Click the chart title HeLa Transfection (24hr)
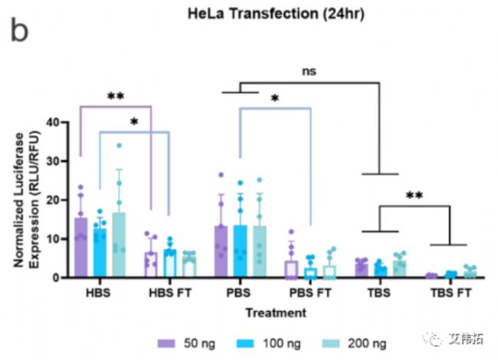264,13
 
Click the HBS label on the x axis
100,293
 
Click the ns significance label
309,71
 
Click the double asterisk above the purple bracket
116,97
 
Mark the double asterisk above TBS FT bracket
414,195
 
